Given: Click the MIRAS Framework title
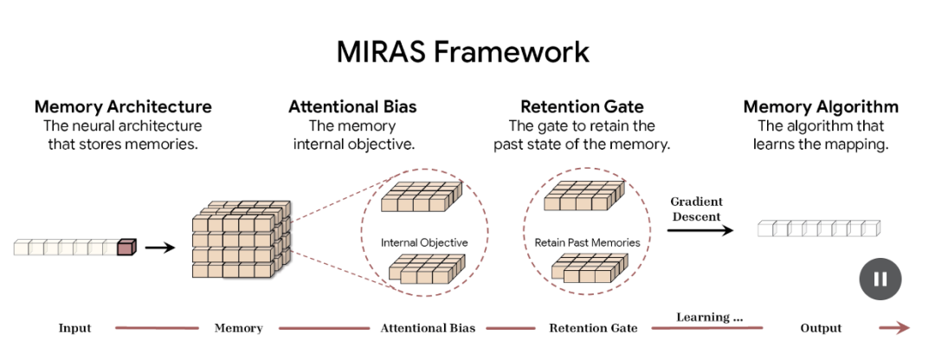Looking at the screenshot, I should pyautogui.click(x=463, y=52).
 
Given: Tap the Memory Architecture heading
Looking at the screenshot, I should pyautogui.click(x=123, y=107).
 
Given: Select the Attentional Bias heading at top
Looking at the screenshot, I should pyautogui.click(x=352, y=107).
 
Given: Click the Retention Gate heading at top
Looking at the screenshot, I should pyautogui.click(x=582, y=107).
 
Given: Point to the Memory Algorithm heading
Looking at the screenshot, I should pyautogui.click(x=821, y=107).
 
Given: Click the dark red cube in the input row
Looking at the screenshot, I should pyautogui.click(x=126, y=247).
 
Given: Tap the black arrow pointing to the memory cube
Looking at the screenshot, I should pyautogui.click(x=159, y=247).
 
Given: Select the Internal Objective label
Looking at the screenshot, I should pyautogui.click(x=424, y=242).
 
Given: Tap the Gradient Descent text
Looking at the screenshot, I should pyautogui.click(x=696, y=209).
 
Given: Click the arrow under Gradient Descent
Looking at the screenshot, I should pyautogui.click(x=700, y=230).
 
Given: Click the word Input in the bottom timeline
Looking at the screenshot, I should pyautogui.click(x=74, y=328).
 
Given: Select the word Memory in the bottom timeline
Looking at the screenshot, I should pyautogui.click(x=238, y=328).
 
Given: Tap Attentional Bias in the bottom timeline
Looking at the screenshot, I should pyautogui.click(x=428, y=328).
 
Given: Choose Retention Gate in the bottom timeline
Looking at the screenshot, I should pyautogui.click(x=593, y=328).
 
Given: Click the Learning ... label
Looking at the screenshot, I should pyautogui.click(x=709, y=317).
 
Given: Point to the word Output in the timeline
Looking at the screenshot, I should pyautogui.click(x=821, y=328).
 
